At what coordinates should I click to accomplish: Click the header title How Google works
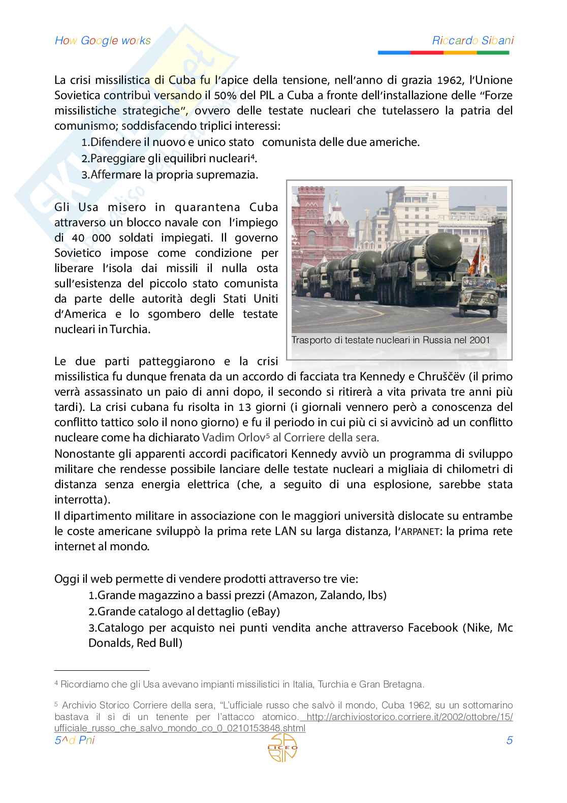[103, 41]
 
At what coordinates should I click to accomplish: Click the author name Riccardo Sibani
[472, 41]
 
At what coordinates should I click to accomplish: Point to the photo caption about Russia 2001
[390, 340]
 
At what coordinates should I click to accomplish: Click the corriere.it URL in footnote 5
[409, 717]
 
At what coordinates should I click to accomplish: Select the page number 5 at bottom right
[509, 740]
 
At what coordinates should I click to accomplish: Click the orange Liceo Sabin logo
[283, 748]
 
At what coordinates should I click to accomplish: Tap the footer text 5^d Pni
[74, 740]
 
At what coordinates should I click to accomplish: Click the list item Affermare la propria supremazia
[174, 175]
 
